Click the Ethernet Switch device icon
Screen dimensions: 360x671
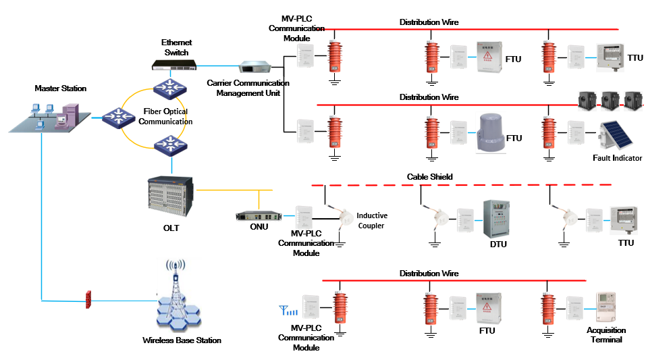tap(174, 65)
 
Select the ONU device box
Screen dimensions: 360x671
tap(259, 216)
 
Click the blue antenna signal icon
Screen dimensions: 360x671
tap(288, 311)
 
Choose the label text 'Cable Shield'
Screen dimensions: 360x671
tap(429, 177)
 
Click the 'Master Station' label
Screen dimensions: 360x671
tap(61, 88)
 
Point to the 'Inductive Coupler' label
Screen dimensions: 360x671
tap(372, 220)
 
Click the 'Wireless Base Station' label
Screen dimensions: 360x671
tap(182, 340)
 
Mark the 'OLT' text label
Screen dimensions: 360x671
tap(171, 228)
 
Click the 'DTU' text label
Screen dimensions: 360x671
tap(498, 244)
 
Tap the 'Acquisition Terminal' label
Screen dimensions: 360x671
tap(606, 335)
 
